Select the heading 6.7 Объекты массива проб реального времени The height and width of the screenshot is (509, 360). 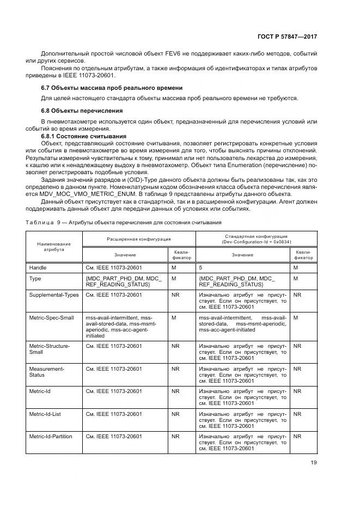(112, 88)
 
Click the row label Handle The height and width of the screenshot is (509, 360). (38, 268)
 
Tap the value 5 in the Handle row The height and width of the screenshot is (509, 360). (200, 268)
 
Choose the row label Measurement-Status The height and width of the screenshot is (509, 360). (46, 372)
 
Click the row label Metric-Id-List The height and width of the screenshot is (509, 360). (45, 414)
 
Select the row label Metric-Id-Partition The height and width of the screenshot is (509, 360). (51, 436)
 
